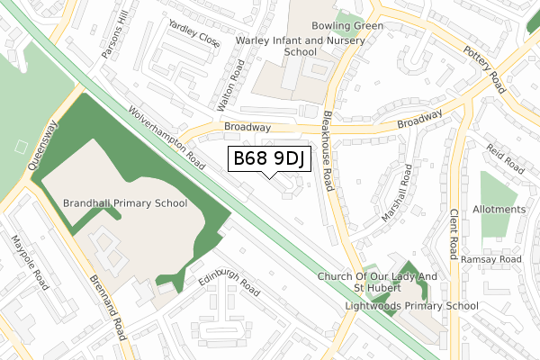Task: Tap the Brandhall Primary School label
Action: coord(125,204)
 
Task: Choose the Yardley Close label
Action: coord(192,34)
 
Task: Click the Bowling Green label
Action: coord(347,26)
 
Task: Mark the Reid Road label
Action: coord(504,157)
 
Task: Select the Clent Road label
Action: coord(454,233)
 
